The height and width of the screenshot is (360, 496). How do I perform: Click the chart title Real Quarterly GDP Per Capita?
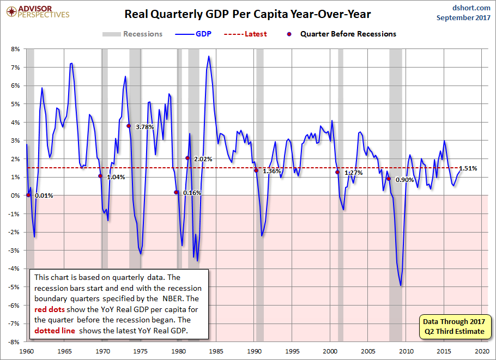click(x=247, y=14)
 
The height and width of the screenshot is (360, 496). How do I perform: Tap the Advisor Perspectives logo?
click(x=38, y=11)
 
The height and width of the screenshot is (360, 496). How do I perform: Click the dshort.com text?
click(x=471, y=8)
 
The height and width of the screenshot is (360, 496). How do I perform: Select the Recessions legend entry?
click(x=132, y=34)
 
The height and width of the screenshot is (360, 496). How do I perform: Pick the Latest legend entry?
click(x=245, y=34)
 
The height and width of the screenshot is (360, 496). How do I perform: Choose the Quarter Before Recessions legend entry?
click(x=341, y=34)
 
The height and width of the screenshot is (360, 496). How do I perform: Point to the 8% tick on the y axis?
click(x=15, y=49)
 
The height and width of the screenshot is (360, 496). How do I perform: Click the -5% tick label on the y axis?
click(x=15, y=287)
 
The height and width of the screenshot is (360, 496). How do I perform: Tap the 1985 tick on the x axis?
click(x=216, y=351)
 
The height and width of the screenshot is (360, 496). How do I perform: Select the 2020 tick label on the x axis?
click(x=482, y=351)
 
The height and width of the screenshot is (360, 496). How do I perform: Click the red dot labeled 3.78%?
click(x=129, y=126)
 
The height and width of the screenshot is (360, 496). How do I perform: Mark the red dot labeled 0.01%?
click(x=28, y=195)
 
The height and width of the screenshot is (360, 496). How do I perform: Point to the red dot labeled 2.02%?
click(x=187, y=158)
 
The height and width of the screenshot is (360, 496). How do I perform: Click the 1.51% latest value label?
click(x=468, y=168)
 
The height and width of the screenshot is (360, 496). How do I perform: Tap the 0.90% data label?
click(x=404, y=180)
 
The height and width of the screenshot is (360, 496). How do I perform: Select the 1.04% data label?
click(x=116, y=178)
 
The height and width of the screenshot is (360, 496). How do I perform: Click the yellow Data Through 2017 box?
click(x=454, y=326)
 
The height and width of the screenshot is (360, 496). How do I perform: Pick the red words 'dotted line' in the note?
click(x=55, y=331)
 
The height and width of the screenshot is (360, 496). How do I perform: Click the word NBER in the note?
click(x=173, y=298)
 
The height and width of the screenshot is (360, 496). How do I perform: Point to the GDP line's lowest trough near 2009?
click(x=401, y=285)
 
